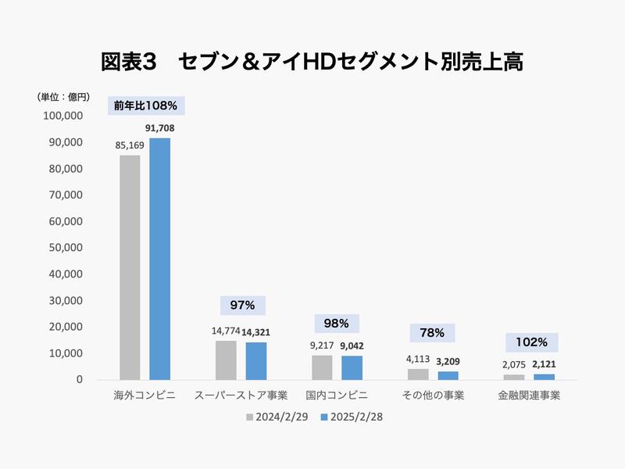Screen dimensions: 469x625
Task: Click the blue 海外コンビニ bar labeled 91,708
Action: click(159, 259)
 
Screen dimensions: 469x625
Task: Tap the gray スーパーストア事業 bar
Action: click(226, 360)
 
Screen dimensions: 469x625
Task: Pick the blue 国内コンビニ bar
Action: click(352, 367)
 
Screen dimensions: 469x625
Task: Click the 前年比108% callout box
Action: click(145, 106)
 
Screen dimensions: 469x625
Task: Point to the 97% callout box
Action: click(243, 305)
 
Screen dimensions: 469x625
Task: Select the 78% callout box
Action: click(432, 333)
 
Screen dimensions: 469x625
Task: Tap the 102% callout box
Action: click(531, 342)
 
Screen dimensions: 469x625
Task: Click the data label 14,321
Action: click(256, 331)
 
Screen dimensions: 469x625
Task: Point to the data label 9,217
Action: click(321, 345)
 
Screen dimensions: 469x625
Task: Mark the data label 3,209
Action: click(448, 361)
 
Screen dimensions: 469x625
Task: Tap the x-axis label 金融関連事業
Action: click(529, 396)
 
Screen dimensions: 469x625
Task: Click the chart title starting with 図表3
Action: click(312, 62)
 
